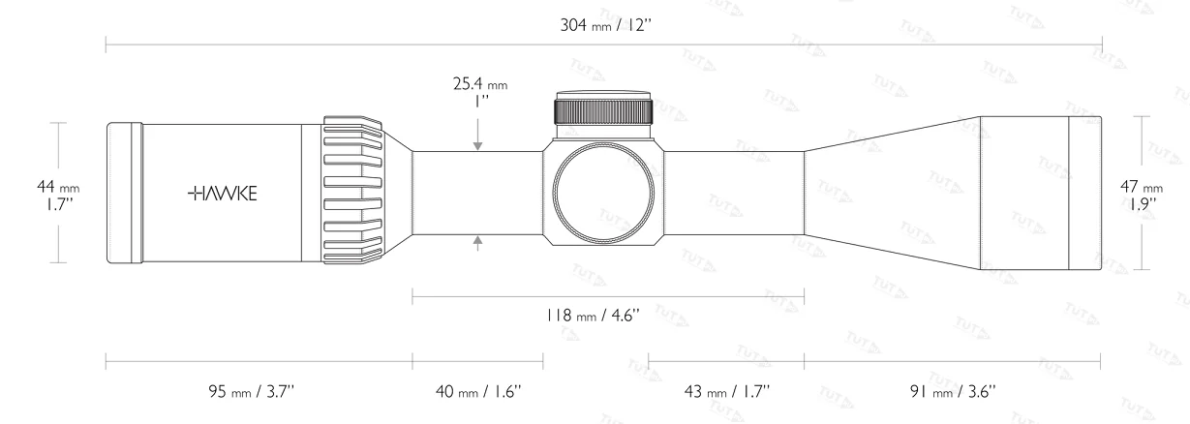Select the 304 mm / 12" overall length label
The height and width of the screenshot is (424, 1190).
(x=602, y=23)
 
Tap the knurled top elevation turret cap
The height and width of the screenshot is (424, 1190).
(x=601, y=109)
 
